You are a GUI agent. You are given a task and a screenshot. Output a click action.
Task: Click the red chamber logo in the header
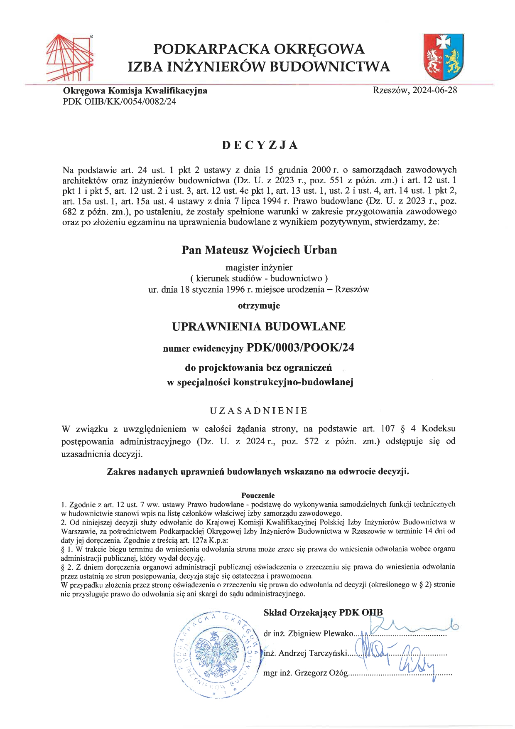click(x=69, y=58)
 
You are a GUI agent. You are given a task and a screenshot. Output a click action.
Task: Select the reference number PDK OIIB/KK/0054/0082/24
click(x=119, y=101)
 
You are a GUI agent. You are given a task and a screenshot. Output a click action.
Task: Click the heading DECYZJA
click(x=260, y=145)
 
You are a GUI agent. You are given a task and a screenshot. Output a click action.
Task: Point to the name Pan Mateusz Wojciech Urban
click(x=259, y=250)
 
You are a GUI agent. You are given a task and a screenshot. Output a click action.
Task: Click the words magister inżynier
click(x=259, y=267)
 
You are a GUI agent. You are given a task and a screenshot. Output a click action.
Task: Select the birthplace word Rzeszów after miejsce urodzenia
click(x=352, y=289)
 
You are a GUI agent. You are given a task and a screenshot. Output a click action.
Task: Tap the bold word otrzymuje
click(x=259, y=305)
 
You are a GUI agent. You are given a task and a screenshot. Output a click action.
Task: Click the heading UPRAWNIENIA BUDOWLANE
click(x=259, y=326)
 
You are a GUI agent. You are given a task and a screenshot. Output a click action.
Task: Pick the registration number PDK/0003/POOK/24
click(x=300, y=347)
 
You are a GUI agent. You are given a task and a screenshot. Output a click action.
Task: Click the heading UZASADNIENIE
click(x=258, y=411)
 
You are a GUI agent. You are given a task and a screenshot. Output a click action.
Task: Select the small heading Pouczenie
click(x=258, y=495)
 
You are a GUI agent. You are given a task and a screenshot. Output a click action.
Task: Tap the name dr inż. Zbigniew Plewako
click(x=308, y=633)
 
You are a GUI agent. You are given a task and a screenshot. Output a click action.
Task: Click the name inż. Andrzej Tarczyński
click(x=305, y=653)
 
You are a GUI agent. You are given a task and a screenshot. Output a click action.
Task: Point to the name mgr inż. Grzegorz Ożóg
click(x=305, y=673)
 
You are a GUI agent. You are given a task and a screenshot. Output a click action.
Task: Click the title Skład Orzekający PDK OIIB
click(x=323, y=612)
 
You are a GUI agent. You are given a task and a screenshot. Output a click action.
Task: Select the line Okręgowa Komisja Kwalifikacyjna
click(x=135, y=91)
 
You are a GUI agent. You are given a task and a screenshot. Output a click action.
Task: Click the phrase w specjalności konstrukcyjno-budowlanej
click(x=260, y=382)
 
